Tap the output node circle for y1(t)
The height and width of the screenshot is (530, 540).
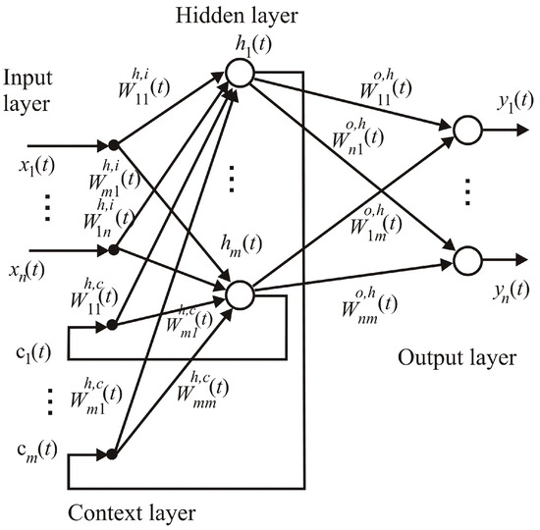(x=465, y=129)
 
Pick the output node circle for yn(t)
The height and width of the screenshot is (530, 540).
(x=465, y=258)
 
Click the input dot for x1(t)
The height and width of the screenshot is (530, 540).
(x=114, y=145)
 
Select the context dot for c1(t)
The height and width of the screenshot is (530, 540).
(x=114, y=320)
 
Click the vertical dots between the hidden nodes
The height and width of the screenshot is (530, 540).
(x=232, y=179)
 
